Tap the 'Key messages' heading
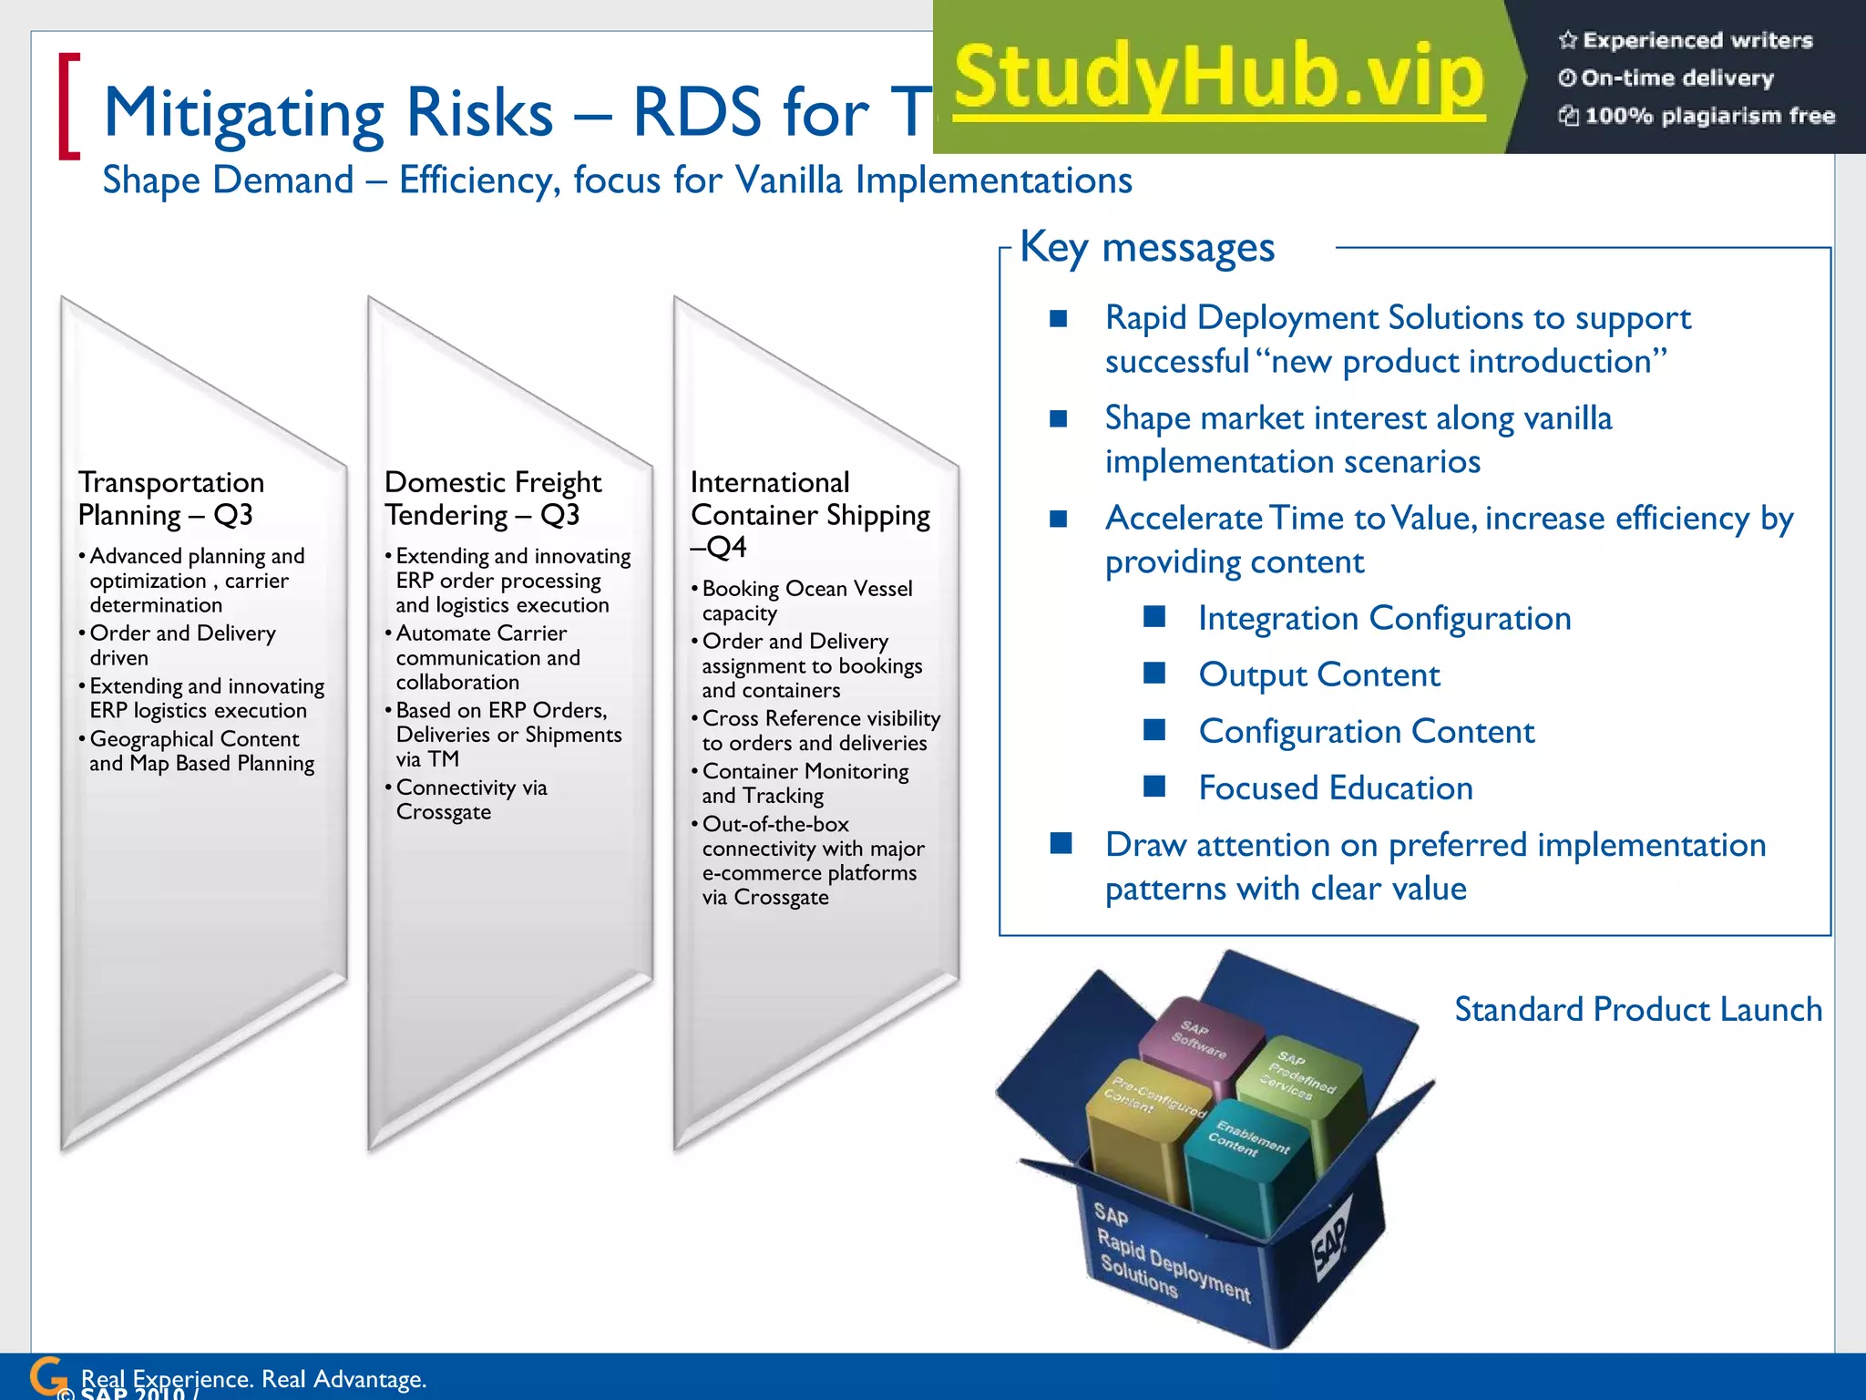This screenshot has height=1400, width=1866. [1146, 247]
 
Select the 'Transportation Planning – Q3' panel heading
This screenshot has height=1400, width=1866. [170, 498]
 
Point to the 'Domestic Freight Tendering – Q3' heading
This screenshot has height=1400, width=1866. [492, 498]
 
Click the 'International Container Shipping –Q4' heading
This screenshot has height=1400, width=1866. [809, 514]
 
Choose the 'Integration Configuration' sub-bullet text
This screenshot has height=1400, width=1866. [1384, 618]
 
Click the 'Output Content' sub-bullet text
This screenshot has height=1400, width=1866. [1318, 674]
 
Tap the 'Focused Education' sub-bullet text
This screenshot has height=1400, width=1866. [1335, 787]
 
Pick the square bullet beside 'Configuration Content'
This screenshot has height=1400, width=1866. [1154, 730]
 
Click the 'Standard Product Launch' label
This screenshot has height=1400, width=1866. [1637, 1009]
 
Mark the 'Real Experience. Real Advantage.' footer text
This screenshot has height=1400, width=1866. [253, 1378]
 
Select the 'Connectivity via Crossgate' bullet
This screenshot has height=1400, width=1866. [471, 799]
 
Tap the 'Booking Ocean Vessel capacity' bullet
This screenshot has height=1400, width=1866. [806, 601]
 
